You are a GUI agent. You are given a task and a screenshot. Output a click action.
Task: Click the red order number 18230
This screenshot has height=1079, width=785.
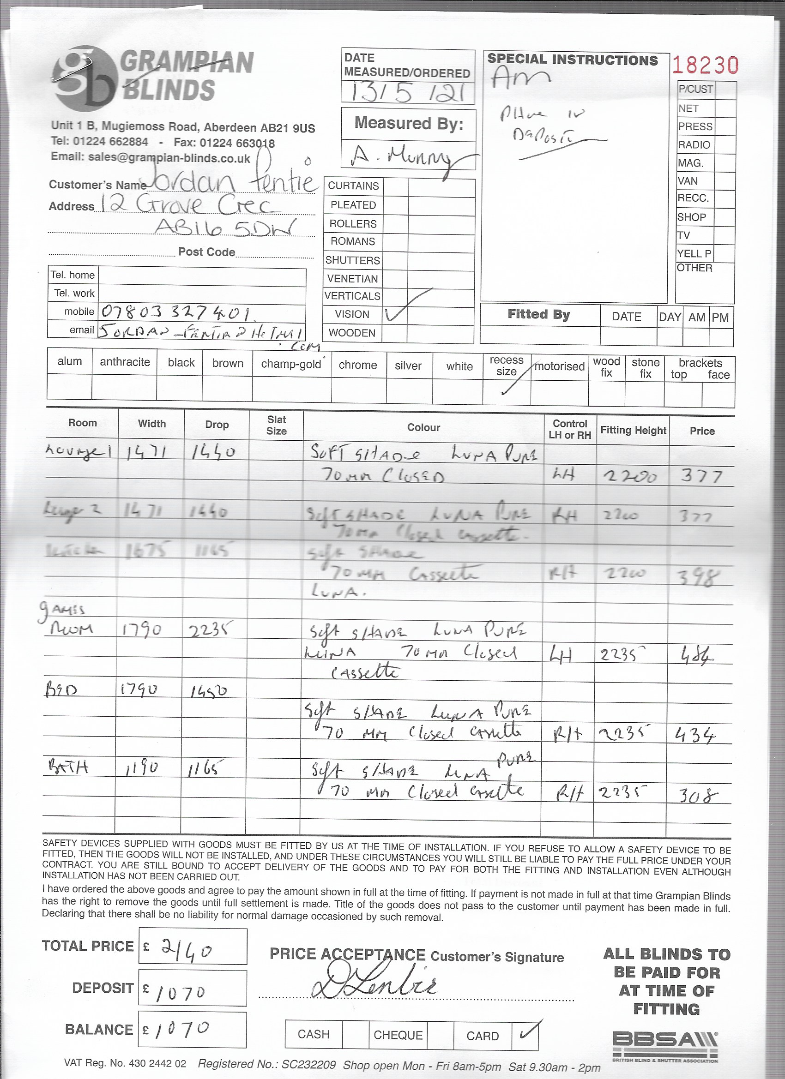coord(705,66)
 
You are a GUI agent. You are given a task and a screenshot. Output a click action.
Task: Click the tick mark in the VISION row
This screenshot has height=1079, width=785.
coord(395,314)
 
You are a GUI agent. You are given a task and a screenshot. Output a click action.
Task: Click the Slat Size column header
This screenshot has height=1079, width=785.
coord(276,426)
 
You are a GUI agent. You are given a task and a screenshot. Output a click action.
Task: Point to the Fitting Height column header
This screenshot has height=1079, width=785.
coord(633,430)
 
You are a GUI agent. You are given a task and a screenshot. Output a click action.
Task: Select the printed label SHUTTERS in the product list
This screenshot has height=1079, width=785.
coord(353,260)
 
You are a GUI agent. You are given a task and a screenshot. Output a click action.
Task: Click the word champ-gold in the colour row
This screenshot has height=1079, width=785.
coord(291,364)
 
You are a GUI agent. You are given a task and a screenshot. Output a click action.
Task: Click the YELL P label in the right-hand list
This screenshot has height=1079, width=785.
coord(694,253)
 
